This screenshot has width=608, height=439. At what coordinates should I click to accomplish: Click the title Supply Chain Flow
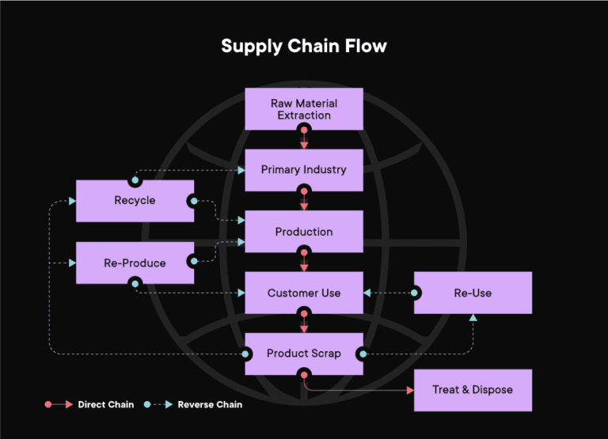coord(304,46)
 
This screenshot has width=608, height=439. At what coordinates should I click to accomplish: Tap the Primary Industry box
coord(304,169)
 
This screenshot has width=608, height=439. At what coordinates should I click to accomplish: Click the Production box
coord(304,232)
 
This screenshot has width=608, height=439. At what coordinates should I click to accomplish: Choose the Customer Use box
coord(304,293)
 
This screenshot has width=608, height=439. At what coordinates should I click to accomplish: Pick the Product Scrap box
coord(304,354)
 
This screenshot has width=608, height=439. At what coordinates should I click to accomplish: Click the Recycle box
coord(135,201)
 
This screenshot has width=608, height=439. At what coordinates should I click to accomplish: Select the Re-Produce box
coord(135,263)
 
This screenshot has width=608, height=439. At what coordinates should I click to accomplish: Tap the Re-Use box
coord(473,293)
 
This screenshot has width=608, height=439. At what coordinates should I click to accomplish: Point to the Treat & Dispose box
coord(473,390)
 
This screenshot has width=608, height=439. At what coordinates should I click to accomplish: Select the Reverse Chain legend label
coord(210,405)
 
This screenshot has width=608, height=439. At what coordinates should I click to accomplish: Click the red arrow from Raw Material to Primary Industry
coord(304,140)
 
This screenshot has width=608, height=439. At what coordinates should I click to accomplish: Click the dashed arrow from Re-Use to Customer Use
coord(388,293)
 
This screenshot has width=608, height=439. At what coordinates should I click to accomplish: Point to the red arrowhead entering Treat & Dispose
coord(409,390)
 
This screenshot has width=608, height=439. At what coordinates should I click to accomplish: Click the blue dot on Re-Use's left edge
coord(414,293)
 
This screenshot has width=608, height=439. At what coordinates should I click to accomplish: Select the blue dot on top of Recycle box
coord(135,180)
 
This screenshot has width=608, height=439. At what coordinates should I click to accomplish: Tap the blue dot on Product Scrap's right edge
coord(363,354)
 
